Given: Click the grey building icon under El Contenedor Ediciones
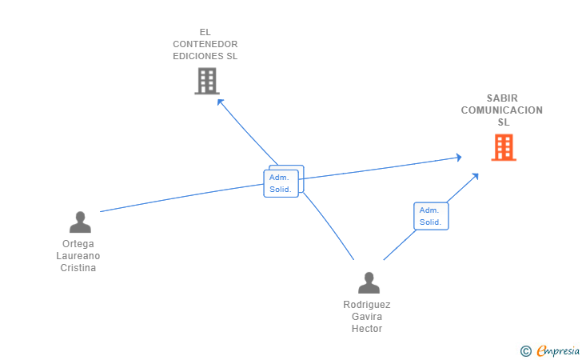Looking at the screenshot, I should click(x=206, y=81).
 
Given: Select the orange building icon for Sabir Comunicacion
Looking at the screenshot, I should click(x=503, y=147).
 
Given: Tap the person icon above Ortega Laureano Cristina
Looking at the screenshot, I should click(x=80, y=222).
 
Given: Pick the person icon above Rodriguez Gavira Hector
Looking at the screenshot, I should click(x=369, y=282).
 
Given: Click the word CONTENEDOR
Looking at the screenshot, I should click(x=205, y=44).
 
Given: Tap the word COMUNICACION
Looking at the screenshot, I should click(x=502, y=110).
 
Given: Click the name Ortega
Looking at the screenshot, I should click(x=78, y=243).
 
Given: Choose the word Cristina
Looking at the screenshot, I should click(x=78, y=268).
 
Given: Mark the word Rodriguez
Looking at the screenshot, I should click(x=367, y=304).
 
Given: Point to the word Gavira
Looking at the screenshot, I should click(x=367, y=317).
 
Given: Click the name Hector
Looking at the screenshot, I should click(x=367, y=329).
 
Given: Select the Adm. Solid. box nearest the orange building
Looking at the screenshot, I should click(x=431, y=216).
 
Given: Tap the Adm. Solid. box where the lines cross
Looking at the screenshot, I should click(x=282, y=183).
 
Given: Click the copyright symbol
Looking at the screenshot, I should click(x=525, y=350).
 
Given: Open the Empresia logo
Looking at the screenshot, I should click(x=558, y=350).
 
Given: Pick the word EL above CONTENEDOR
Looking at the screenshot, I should click(x=205, y=32).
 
